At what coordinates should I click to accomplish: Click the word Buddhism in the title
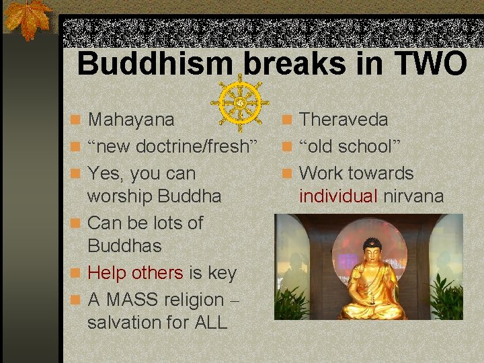coord(155,65)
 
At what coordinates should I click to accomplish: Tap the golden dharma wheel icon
coord(240,103)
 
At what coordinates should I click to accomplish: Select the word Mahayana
coord(131,120)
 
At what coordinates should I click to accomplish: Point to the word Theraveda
coord(344,120)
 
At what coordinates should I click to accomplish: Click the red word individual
coord(338,196)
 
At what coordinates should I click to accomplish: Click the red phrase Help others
coord(135,273)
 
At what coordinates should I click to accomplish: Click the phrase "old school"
coord(349,147)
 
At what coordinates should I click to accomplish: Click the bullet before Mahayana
coord(78,120)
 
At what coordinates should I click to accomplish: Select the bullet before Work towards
coord(289,174)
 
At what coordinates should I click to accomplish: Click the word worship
coord(121,196)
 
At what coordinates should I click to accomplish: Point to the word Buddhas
coord(124,246)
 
